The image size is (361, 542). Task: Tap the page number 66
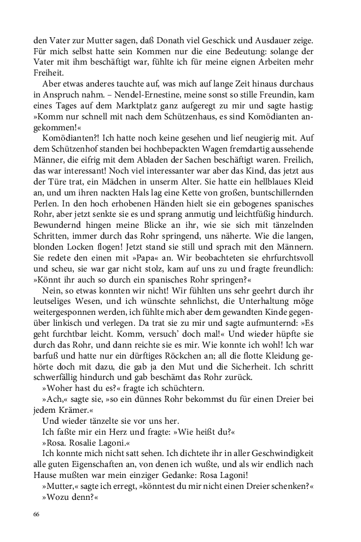37,514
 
